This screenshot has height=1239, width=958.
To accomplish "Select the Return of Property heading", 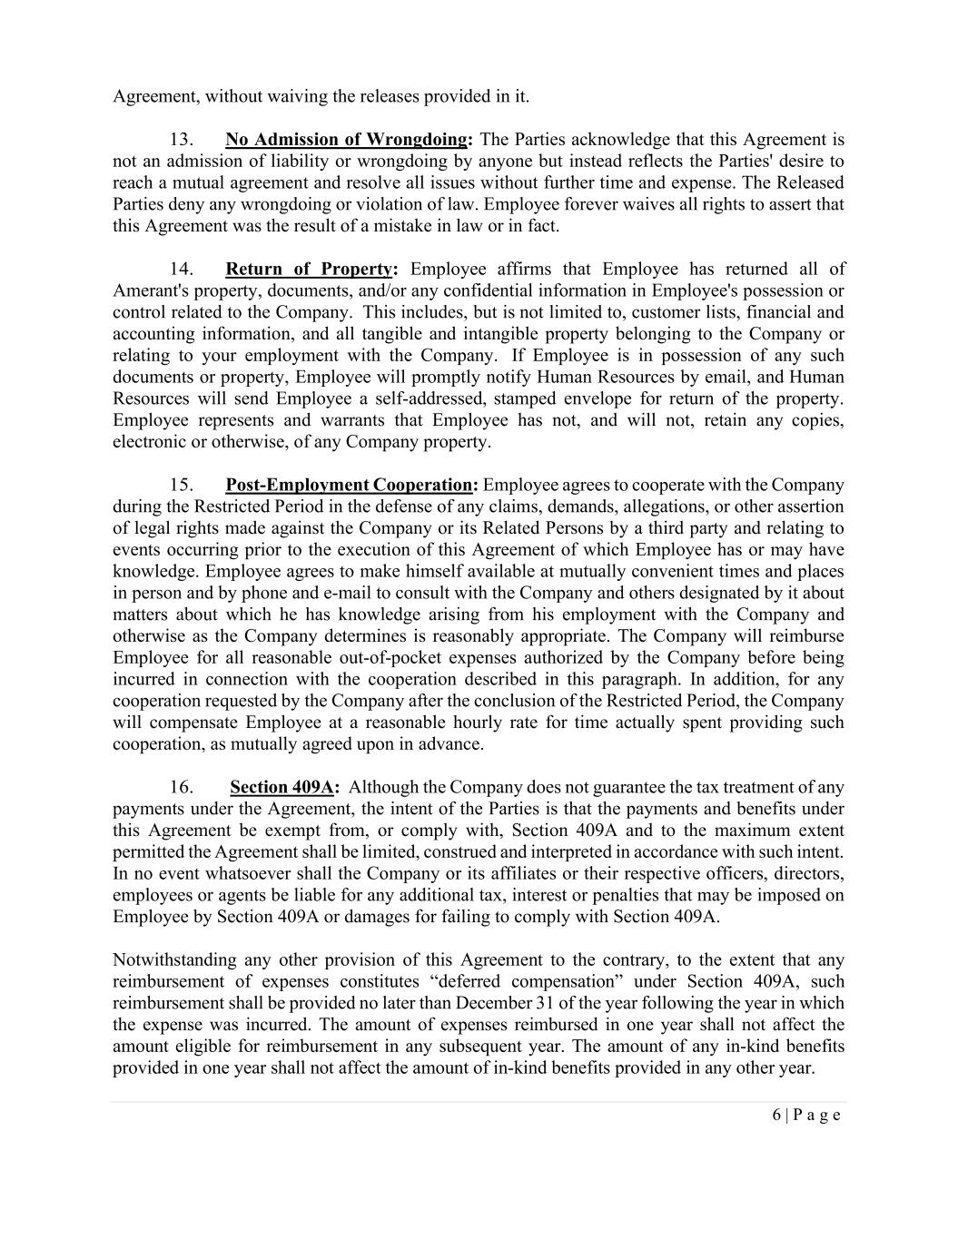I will pos(309,270).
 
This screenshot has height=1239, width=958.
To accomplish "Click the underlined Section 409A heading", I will pos(281,788).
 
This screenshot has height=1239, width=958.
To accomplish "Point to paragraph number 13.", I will pos(182,140).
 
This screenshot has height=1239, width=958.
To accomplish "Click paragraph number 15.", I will pos(182,486).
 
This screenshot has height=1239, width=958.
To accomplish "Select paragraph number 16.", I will pos(182,788).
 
